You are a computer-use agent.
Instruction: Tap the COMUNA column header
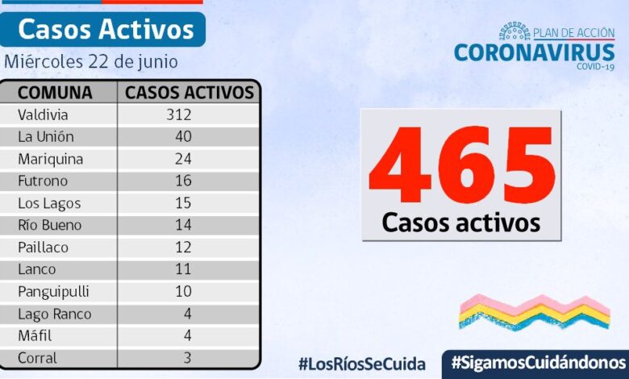[x=55, y=92]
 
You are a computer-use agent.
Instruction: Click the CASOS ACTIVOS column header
[x=190, y=92]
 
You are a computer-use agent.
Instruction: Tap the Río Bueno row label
[x=50, y=225]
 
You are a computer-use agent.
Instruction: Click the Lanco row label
[x=37, y=269]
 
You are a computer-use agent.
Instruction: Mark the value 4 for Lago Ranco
[x=187, y=314]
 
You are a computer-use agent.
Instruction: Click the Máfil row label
[x=35, y=336]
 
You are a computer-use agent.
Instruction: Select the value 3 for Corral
[x=187, y=358]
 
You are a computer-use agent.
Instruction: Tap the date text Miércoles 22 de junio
[x=91, y=62]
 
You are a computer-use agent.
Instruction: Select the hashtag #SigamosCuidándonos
[x=539, y=361]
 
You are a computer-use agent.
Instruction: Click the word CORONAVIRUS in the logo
[x=534, y=52]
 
